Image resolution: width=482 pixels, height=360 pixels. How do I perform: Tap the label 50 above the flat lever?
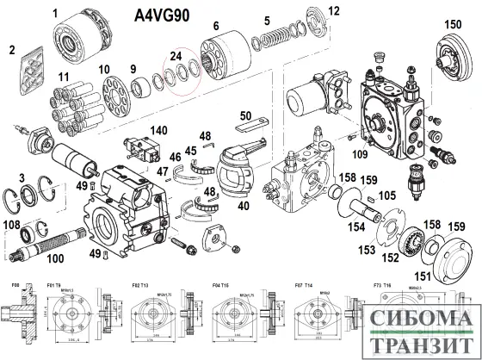pyautogui.click(x=245, y=115)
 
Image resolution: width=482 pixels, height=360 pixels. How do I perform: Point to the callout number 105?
pyautogui.click(x=389, y=196)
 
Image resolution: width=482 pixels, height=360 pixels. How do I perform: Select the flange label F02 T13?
pyautogui.click(x=140, y=284)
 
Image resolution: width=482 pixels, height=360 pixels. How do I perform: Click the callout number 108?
pyautogui.click(x=13, y=226)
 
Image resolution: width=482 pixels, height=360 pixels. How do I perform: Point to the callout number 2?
pyautogui.click(x=12, y=50)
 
